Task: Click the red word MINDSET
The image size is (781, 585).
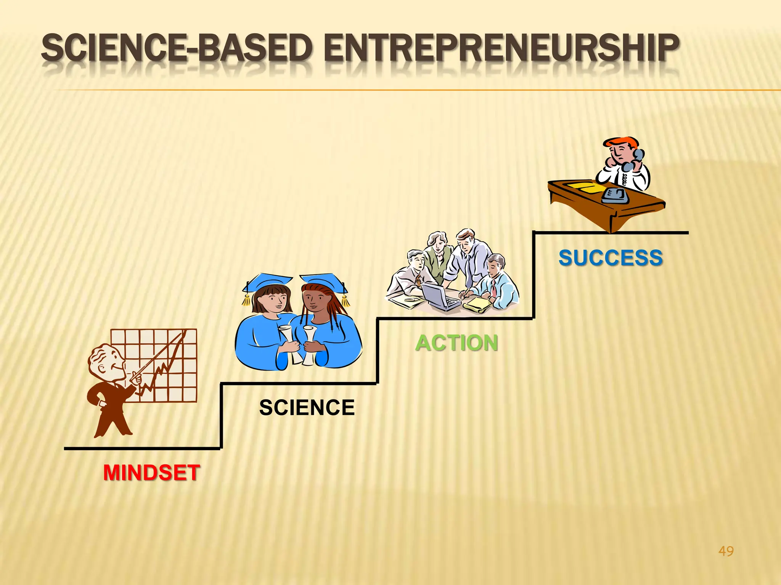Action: point(151,473)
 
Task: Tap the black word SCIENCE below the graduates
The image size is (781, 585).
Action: point(307,408)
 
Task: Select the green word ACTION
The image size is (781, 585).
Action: point(456,343)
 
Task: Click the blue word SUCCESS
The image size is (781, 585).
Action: point(611,258)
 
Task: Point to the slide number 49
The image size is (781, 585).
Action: point(726,551)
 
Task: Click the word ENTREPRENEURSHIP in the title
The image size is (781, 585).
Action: point(501,48)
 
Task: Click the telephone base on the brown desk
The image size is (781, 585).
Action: point(615,195)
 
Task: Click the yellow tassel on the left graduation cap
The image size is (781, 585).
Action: point(246,301)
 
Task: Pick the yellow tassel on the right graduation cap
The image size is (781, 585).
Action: point(345,301)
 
